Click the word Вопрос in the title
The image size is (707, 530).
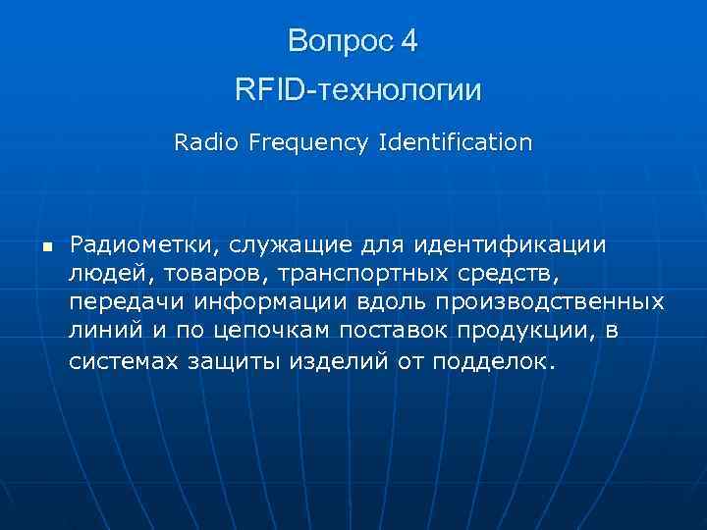[x=339, y=41]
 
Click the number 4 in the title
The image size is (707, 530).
[x=408, y=41]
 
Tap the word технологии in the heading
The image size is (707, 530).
[x=399, y=91]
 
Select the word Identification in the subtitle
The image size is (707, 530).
[x=455, y=142]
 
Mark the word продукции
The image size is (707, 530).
[x=519, y=330]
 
